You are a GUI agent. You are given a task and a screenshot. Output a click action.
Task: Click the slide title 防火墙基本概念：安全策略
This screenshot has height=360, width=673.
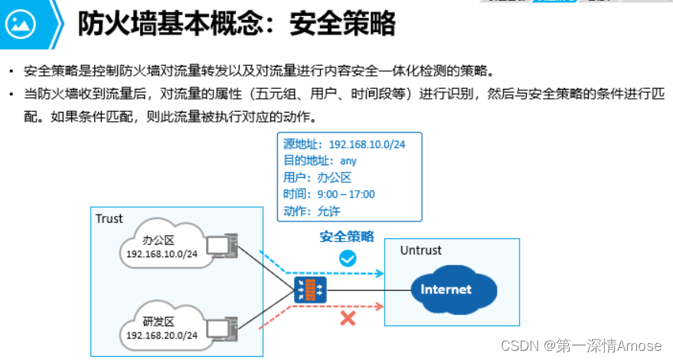(237, 25)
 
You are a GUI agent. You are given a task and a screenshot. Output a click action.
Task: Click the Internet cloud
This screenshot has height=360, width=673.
(446, 290)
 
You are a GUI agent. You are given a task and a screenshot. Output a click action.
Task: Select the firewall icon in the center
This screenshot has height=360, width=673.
(310, 290)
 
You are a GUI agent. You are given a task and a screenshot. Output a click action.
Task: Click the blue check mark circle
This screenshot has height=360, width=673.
(348, 258)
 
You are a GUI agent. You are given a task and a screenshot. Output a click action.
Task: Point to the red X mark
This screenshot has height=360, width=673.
(348, 317)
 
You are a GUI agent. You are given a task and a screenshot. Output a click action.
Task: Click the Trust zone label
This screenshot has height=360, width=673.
(109, 219)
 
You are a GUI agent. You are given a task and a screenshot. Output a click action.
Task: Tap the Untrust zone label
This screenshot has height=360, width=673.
(420, 250)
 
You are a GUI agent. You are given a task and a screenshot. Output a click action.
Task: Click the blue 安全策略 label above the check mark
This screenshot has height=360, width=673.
(347, 237)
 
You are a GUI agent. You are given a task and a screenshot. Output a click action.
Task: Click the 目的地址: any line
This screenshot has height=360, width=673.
(319, 161)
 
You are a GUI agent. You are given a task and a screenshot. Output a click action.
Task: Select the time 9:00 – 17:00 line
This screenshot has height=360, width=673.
(328, 195)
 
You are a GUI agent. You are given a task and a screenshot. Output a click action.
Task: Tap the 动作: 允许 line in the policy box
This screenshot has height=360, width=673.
(312, 211)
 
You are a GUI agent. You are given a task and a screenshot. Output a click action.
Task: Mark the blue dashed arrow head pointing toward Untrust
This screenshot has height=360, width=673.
(379, 273)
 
